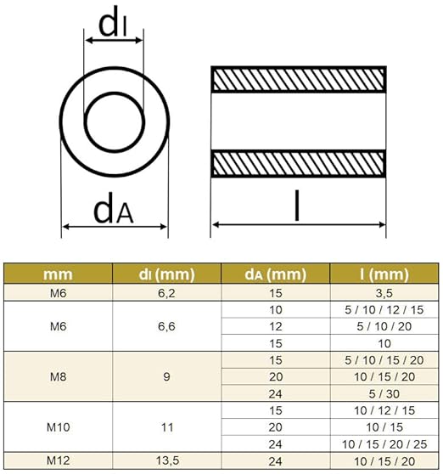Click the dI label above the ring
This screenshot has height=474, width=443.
click(x=113, y=25)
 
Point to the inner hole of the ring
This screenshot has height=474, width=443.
click(x=113, y=121)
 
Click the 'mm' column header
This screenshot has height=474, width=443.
click(x=59, y=274)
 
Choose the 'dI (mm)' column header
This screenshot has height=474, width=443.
click(x=166, y=274)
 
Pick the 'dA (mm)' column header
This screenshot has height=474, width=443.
click(x=275, y=274)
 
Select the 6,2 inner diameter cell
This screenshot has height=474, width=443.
click(x=166, y=292)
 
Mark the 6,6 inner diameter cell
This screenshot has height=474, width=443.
click(x=166, y=327)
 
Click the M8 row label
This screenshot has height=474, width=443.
click(x=59, y=375)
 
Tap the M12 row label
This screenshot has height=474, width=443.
click(x=59, y=460)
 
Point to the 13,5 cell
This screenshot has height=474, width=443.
click(x=166, y=460)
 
